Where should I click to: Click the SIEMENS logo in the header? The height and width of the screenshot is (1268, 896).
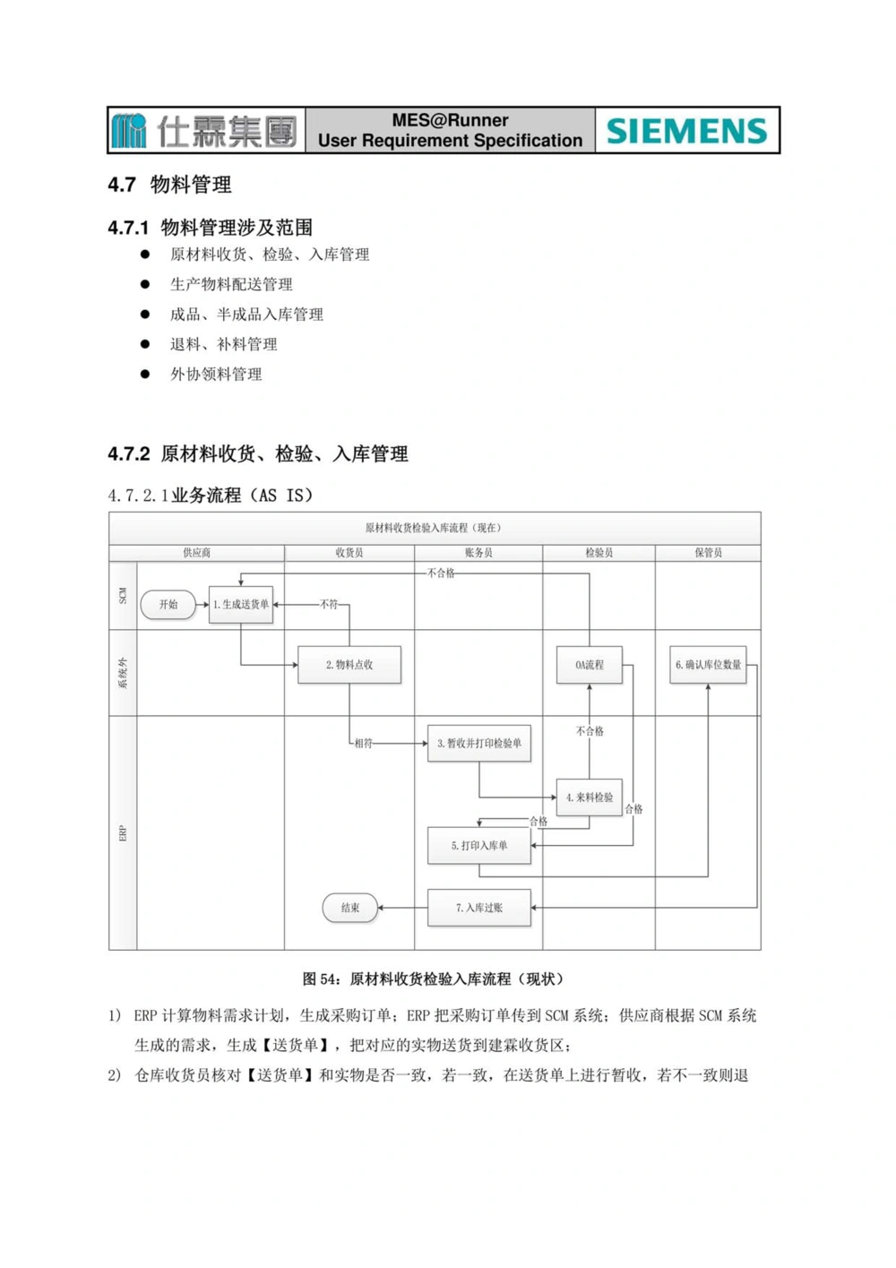[686, 131]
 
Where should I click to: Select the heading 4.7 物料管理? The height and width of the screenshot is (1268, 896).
[170, 185]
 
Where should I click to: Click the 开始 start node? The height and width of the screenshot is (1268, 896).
[168, 605]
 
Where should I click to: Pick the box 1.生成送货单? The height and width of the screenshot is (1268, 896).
[240, 605]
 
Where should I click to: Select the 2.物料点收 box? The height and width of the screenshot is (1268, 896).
[349, 665]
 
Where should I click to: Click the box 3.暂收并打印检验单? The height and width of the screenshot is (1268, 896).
[479, 743]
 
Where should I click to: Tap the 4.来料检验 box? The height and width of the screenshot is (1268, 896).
[590, 797]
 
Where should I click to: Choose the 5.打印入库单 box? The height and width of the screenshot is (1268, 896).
[479, 845]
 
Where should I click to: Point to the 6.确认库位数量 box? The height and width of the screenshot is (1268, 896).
[708, 665]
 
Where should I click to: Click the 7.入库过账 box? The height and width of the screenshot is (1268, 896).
[479, 908]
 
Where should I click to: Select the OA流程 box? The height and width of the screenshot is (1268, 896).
[590, 665]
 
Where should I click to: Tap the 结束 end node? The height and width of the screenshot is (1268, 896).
[349, 908]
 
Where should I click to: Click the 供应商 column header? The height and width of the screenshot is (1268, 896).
[196, 553]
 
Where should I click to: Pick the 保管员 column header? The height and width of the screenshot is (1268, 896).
[708, 553]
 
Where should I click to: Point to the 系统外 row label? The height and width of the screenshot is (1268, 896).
[123, 672]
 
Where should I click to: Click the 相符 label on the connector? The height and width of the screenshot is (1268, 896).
[363, 743]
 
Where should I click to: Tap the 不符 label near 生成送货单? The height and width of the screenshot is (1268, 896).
[329, 605]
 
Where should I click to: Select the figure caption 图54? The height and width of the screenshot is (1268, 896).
[433, 979]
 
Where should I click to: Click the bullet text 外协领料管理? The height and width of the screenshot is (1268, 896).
[216, 375]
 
